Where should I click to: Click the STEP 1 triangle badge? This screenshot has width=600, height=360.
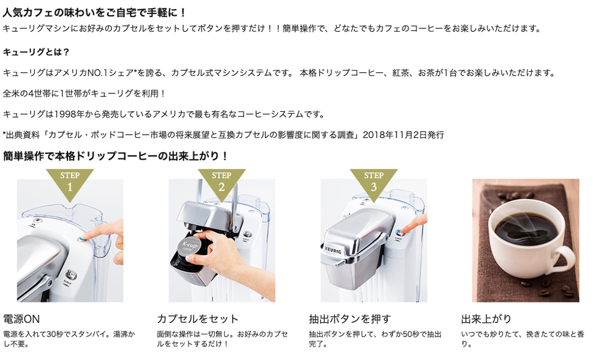(70, 183)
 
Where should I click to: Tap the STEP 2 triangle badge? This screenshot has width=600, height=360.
(221, 183)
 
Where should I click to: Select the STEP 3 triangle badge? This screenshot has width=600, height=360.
(374, 183)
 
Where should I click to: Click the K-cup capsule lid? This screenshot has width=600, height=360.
(190, 246)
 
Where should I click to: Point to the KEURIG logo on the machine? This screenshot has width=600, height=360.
(333, 249)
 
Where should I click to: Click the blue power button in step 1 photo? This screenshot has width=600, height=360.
(81, 239)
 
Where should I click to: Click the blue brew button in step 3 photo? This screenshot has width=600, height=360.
(399, 232)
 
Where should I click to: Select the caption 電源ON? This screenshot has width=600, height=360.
(22, 319)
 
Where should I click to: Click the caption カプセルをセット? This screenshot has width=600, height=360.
(198, 319)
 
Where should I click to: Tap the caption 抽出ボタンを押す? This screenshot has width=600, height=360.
(350, 319)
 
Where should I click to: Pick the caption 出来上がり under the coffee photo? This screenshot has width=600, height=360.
(486, 319)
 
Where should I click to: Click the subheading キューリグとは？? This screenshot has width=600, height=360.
(36, 52)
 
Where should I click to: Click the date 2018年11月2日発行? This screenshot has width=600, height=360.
(403, 135)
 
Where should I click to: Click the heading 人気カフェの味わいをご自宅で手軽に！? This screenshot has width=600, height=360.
(95, 12)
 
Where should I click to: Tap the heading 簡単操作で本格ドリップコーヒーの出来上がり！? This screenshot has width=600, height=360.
(116, 156)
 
